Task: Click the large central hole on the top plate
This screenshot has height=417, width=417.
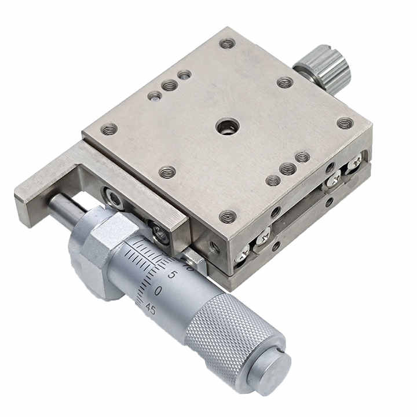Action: coord(226,127)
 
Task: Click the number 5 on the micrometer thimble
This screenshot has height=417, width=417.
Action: coord(172,275)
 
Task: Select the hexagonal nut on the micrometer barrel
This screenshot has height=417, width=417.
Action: coord(96,249)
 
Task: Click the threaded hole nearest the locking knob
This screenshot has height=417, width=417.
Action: coord(284,82)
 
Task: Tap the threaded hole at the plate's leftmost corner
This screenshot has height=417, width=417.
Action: coord(109,129)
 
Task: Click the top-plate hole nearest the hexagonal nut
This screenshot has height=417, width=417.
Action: coord(167,171)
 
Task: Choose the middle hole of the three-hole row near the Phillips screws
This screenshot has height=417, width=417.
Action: coord(288,169)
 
